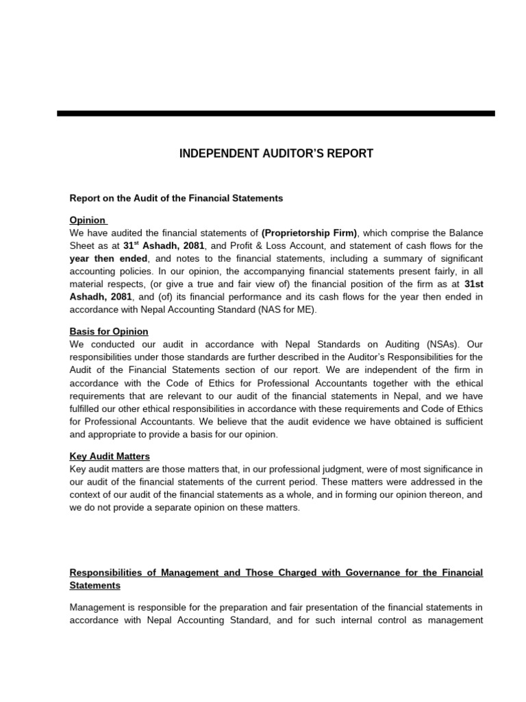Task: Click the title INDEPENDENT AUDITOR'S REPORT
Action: pos(276,154)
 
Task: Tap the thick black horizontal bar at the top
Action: pos(276,113)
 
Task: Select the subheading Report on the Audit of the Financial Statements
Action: pos(176,198)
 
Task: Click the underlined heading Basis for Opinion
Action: pos(109,331)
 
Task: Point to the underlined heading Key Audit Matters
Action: pos(110,456)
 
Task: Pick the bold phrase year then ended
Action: pos(108,258)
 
